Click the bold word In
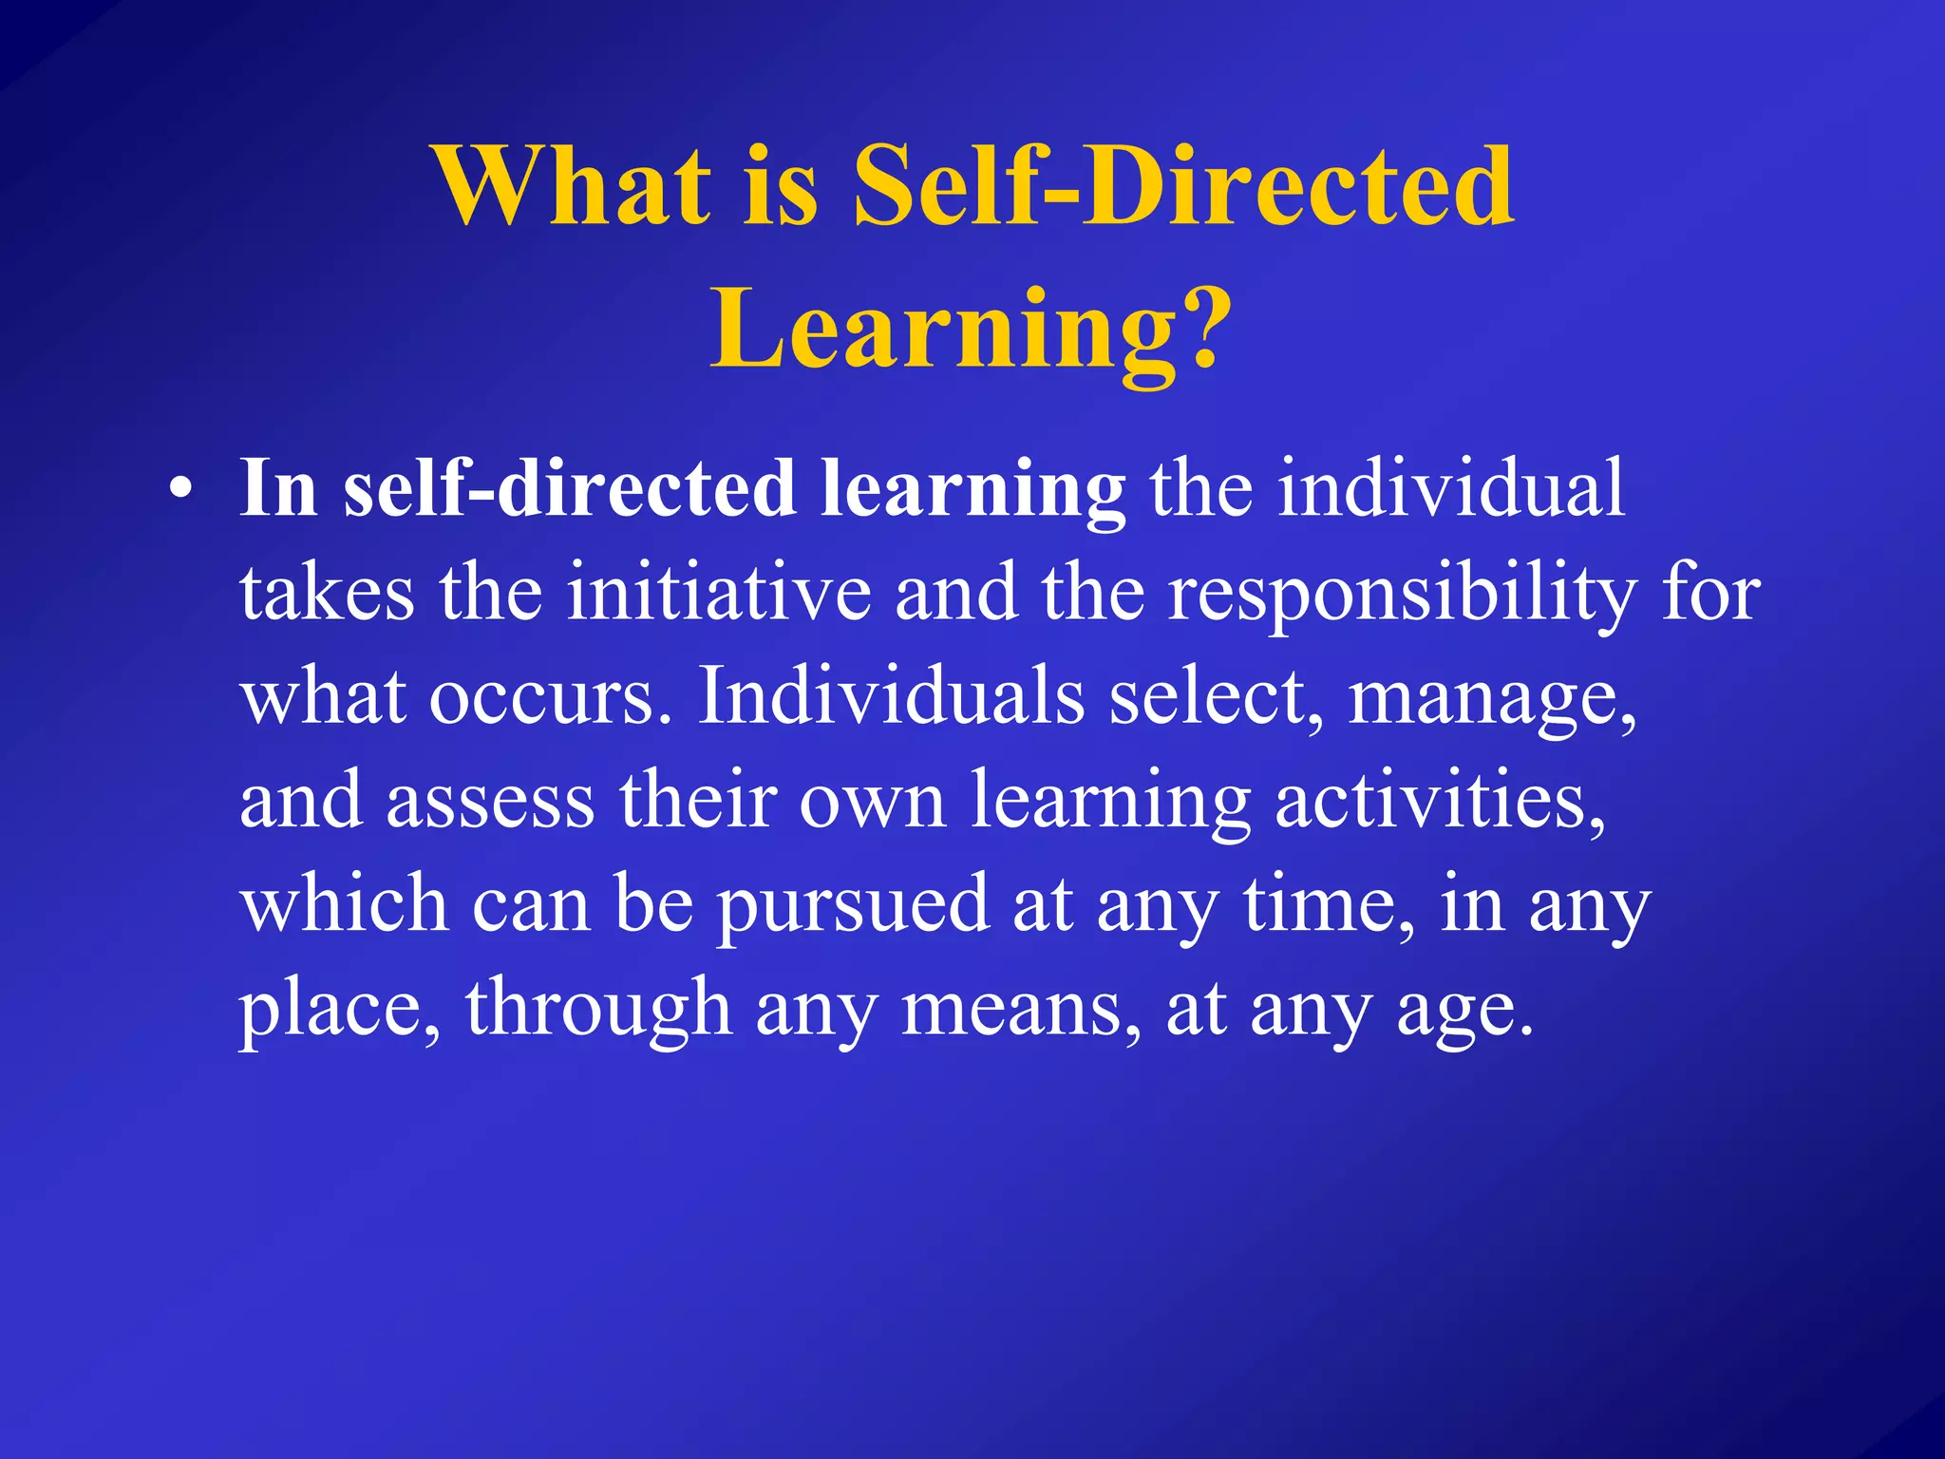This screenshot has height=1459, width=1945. (277, 488)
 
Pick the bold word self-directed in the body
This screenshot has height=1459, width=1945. (569, 488)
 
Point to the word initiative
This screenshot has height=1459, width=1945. (719, 593)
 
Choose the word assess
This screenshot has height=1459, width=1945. (490, 802)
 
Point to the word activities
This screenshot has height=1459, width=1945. (1440, 802)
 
